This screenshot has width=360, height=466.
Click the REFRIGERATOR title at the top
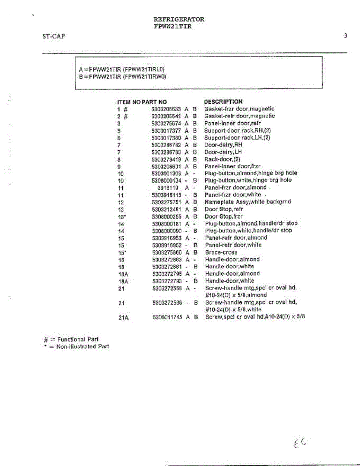pos(179,19)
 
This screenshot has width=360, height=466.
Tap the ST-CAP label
pos(54,37)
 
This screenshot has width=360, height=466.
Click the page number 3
pos(345,36)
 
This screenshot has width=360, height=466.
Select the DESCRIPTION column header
pos(223,102)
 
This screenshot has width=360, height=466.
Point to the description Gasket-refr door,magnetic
pos(240,116)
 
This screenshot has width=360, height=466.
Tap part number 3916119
pos(168,188)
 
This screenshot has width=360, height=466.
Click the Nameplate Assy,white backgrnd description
pos(248,202)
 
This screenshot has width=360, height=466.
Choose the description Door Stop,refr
pos(224,209)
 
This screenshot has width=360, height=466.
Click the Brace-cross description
pos(221,252)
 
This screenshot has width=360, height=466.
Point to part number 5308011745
pos(167,317)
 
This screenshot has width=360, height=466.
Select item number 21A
pos(123,317)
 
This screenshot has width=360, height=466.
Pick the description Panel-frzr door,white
pos(233,195)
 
